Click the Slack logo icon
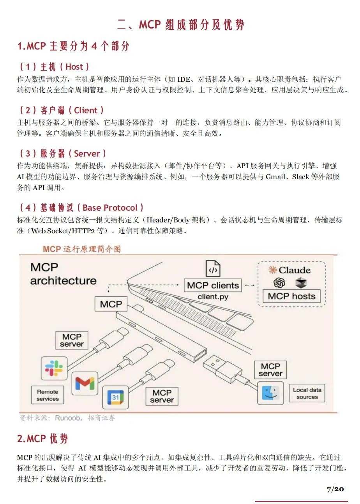click(54, 368)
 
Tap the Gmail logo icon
click(85, 383)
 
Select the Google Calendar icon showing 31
click(115, 397)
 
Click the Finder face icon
click(270, 393)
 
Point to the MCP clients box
click(213, 285)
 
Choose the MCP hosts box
click(291, 296)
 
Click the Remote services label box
click(48, 395)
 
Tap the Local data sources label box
click(307, 393)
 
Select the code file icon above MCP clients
click(213, 268)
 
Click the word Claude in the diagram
click(295, 270)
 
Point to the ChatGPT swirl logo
click(279, 283)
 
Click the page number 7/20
click(335, 489)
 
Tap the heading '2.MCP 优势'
click(42, 439)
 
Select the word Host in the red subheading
click(74, 67)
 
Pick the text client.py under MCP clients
click(213, 297)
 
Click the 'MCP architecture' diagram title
click(63, 274)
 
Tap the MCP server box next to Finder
click(270, 370)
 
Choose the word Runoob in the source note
click(67, 418)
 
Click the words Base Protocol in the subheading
click(110, 208)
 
